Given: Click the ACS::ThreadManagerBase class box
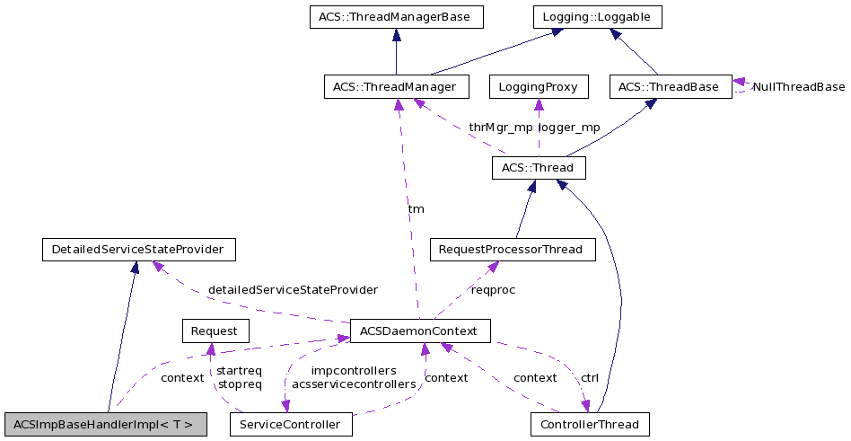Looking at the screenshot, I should click(396, 16).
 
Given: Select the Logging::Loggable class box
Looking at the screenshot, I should click(597, 16).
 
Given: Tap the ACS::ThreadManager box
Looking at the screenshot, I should click(396, 87).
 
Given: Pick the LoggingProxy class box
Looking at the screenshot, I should click(539, 87).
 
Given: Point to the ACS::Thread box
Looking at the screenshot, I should click(539, 168).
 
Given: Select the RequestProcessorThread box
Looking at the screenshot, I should click(513, 249).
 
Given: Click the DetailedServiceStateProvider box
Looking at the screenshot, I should click(138, 249).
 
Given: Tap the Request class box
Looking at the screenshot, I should click(215, 331).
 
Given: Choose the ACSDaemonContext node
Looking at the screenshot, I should click(420, 331).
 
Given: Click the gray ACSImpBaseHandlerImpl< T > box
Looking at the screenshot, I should click(105, 424).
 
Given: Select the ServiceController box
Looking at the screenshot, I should click(291, 424).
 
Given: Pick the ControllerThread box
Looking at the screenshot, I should click(590, 424).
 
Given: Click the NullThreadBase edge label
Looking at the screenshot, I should click(799, 87).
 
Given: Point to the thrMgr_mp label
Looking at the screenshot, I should click(500, 128).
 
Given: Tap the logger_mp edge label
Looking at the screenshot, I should click(570, 128).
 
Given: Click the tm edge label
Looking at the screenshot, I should click(417, 208).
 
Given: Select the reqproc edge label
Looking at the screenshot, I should click(494, 290).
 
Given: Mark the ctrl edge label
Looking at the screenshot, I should click(590, 377).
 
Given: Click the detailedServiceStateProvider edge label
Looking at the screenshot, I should click(293, 290).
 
